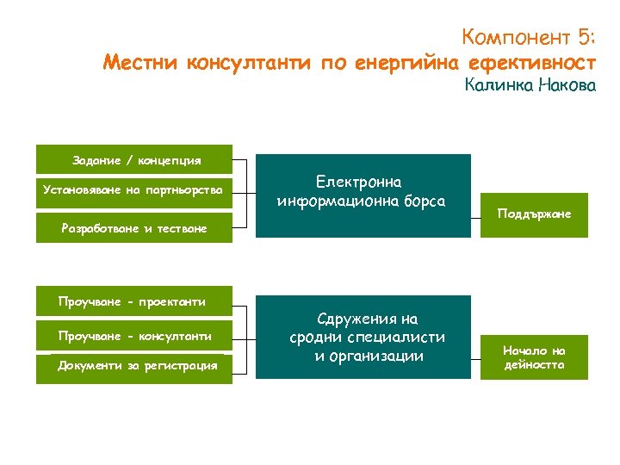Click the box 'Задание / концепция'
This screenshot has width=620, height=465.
tap(135, 160)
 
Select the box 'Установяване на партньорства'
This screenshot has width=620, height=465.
tap(133, 189)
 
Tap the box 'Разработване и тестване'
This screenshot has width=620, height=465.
tap(133, 228)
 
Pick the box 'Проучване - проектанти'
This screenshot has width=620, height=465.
tap(133, 301)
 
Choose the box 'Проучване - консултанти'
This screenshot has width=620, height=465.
tap(133, 335)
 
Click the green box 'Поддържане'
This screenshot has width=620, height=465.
tap(534, 214)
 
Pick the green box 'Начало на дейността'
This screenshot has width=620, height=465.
tap(534, 356)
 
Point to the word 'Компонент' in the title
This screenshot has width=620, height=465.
tap(515, 37)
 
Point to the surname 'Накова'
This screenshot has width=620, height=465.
tap(567, 86)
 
